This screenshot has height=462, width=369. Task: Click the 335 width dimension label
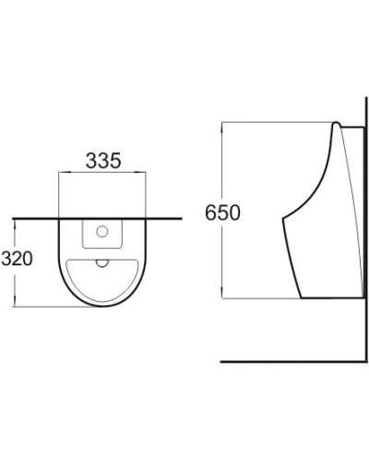(103, 160)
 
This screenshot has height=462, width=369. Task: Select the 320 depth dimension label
(18, 259)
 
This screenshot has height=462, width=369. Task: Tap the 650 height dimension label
(222, 213)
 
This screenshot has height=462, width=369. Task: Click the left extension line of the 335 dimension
(59, 194)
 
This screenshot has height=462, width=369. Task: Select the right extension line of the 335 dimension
(148, 194)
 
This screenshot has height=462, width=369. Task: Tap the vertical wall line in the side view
(362, 231)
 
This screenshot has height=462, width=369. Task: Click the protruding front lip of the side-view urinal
(284, 222)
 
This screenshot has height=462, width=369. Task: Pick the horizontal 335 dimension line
(103, 174)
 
